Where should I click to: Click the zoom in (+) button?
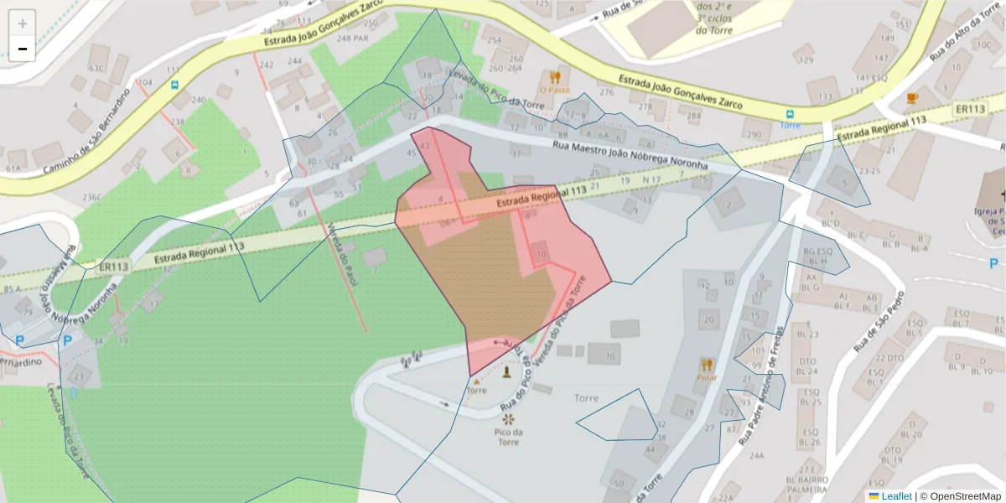click(23, 23)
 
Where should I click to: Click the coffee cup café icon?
click(912, 98)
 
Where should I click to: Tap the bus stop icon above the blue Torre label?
click(790, 113)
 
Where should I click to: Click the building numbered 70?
click(609, 356)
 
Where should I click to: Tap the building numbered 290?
click(754, 133)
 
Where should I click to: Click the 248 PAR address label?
click(353, 39)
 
